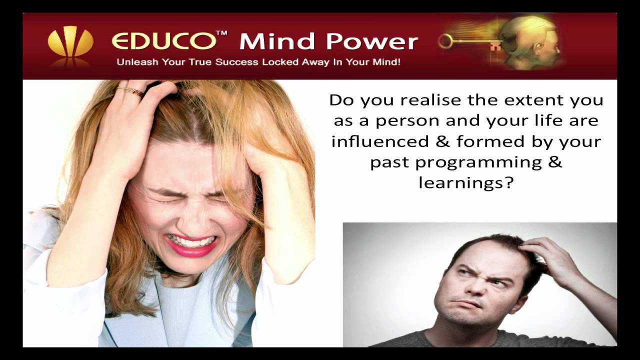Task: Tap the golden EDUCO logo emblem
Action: click(70, 42)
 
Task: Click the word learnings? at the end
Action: click(466, 182)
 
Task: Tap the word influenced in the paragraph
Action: click(380, 141)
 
